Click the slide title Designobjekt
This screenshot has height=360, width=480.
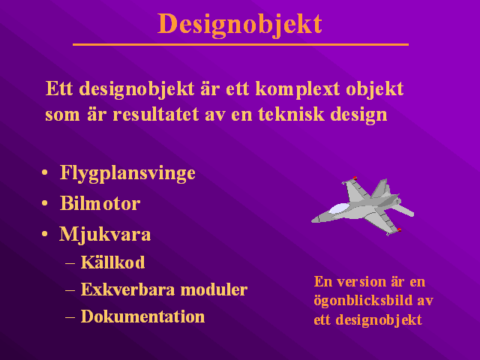tap(240, 25)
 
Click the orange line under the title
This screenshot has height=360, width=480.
tap(241, 45)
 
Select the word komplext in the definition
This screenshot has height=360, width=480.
tap(298, 90)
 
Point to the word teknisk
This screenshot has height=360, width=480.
tap(291, 115)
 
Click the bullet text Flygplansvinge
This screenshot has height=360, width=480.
tap(127, 173)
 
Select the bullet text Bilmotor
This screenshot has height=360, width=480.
tap(100, 203)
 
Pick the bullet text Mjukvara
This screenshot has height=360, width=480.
tap(105, 235)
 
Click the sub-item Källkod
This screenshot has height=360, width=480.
tap(112, 262)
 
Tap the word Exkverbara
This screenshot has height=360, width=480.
tap(128, 289)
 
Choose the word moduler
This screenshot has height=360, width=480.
tap(214, 289)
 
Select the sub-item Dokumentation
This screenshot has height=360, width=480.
tap(142, 316)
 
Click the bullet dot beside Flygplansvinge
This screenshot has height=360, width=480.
tap(45, 172)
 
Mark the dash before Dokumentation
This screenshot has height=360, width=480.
tap(70, 317)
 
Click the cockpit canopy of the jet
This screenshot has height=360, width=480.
tap(339, 208)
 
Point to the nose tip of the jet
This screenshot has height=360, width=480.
tap(312, 220)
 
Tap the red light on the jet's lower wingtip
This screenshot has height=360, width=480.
tap(399, 229)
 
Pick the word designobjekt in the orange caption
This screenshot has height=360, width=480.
tap(379, 320)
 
